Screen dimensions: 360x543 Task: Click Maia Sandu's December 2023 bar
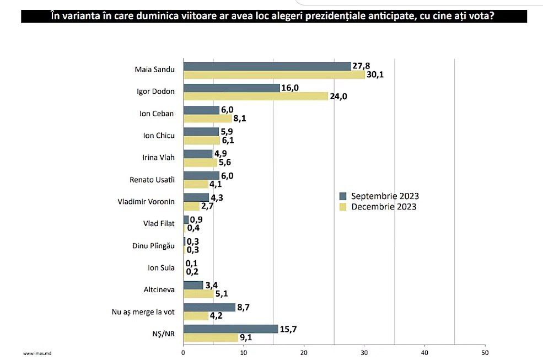(273, 75)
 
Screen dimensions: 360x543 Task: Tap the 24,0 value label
(340, 96)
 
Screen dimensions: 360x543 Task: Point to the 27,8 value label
(362, 66)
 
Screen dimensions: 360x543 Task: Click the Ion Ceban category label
(157, 114)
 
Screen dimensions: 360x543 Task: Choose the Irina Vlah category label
(159, 158)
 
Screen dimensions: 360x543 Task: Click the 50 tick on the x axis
(484, 351)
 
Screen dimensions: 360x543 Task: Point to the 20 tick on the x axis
(303, 351)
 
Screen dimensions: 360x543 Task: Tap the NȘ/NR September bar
(230, 329)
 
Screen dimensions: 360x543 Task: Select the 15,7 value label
(289, 329)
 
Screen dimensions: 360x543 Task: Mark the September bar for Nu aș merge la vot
(209, 308)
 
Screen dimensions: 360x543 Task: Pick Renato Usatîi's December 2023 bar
(195, 184)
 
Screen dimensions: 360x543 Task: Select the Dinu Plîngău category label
(154, 246)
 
